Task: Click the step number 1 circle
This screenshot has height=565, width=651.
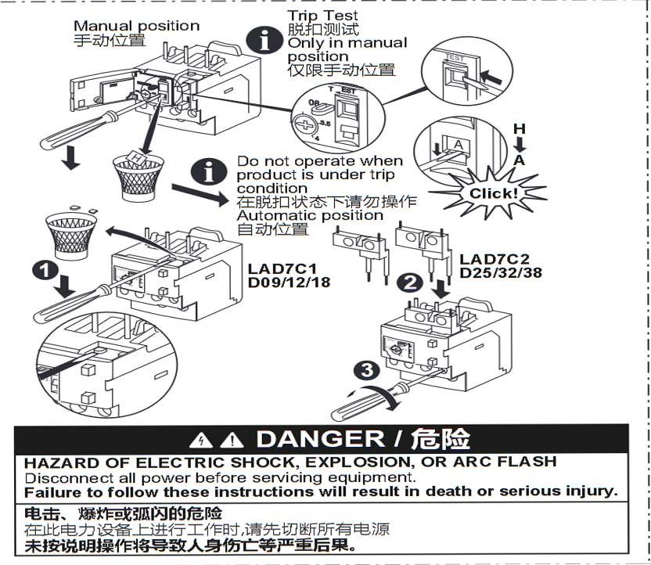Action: pos(45,270)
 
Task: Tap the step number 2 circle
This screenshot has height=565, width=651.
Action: pos(410,282)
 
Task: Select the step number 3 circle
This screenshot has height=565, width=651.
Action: pos(367,370)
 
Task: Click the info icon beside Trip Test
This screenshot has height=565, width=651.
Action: pos(264,41)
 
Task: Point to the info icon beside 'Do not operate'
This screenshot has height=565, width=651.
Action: pos(209,171)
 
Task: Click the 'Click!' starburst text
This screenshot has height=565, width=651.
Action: pos(494,193)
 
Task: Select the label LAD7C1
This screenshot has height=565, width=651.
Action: pos(282,268)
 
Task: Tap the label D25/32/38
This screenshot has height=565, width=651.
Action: pos(501,273)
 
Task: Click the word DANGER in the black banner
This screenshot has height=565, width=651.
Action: pos(321,439)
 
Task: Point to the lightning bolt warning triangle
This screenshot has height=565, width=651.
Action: pos(201,441)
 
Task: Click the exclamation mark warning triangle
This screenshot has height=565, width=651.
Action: pos(232,441)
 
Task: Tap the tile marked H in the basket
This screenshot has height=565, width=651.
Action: pos(136,158)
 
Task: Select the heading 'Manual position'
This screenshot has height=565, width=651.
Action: pos(137,26)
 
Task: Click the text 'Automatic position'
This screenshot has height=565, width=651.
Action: pos(310,216)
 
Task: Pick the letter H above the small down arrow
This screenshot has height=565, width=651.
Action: pos(519,129)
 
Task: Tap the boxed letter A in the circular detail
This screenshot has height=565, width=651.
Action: pos(458,145)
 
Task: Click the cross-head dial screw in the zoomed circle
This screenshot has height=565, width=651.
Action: pos(304,124)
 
